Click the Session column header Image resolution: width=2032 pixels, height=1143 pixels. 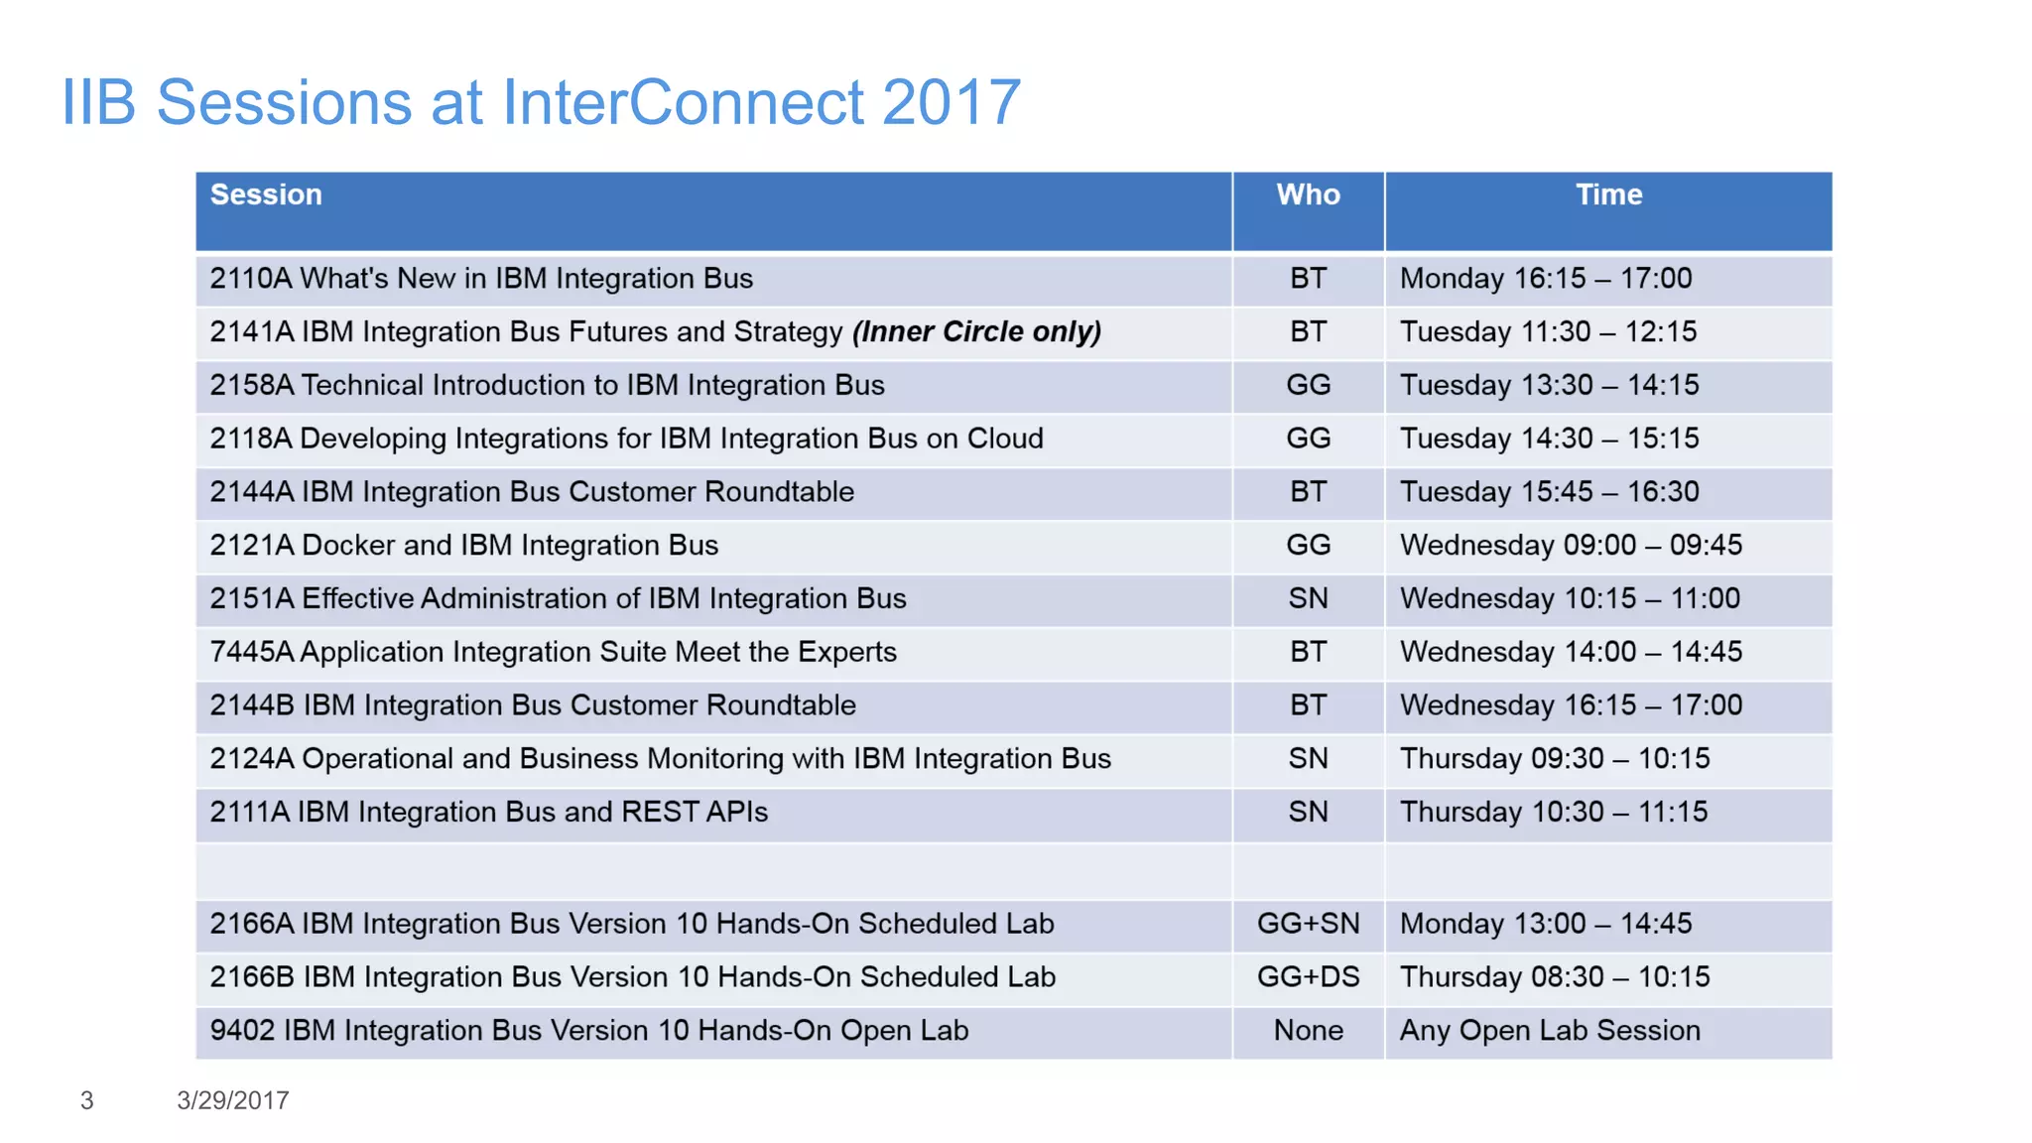point(266,194)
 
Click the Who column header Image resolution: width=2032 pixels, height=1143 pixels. point(1308,194)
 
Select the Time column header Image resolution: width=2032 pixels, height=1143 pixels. point(1608,194)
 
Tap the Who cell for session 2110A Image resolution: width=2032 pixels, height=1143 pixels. point(1308,279)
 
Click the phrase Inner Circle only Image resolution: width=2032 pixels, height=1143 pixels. point(976,332)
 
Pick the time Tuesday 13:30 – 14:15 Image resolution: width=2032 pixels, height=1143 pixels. point(1549,385)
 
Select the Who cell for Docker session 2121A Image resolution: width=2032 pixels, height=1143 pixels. point(1308,546)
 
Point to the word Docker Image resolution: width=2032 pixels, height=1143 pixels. point(348,546)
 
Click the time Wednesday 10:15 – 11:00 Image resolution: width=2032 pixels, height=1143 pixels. point(1570,599)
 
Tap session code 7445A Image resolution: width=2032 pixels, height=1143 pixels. point(251,653)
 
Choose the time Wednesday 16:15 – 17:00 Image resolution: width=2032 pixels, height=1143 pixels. point(1571,705)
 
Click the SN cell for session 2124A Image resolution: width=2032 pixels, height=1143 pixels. point(1308,759)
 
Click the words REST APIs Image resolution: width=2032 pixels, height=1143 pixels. point(695,813)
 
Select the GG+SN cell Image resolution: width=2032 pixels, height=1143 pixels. point(1308,924)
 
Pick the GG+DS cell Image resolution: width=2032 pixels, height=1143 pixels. point(1308,977)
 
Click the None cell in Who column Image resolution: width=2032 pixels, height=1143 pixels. point(1308,1031)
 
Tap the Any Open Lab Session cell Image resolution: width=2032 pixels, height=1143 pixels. point(1550,1031)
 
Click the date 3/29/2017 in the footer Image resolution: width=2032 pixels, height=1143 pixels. point(233,1100)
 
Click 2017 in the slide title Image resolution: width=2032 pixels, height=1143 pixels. point(951,102)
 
